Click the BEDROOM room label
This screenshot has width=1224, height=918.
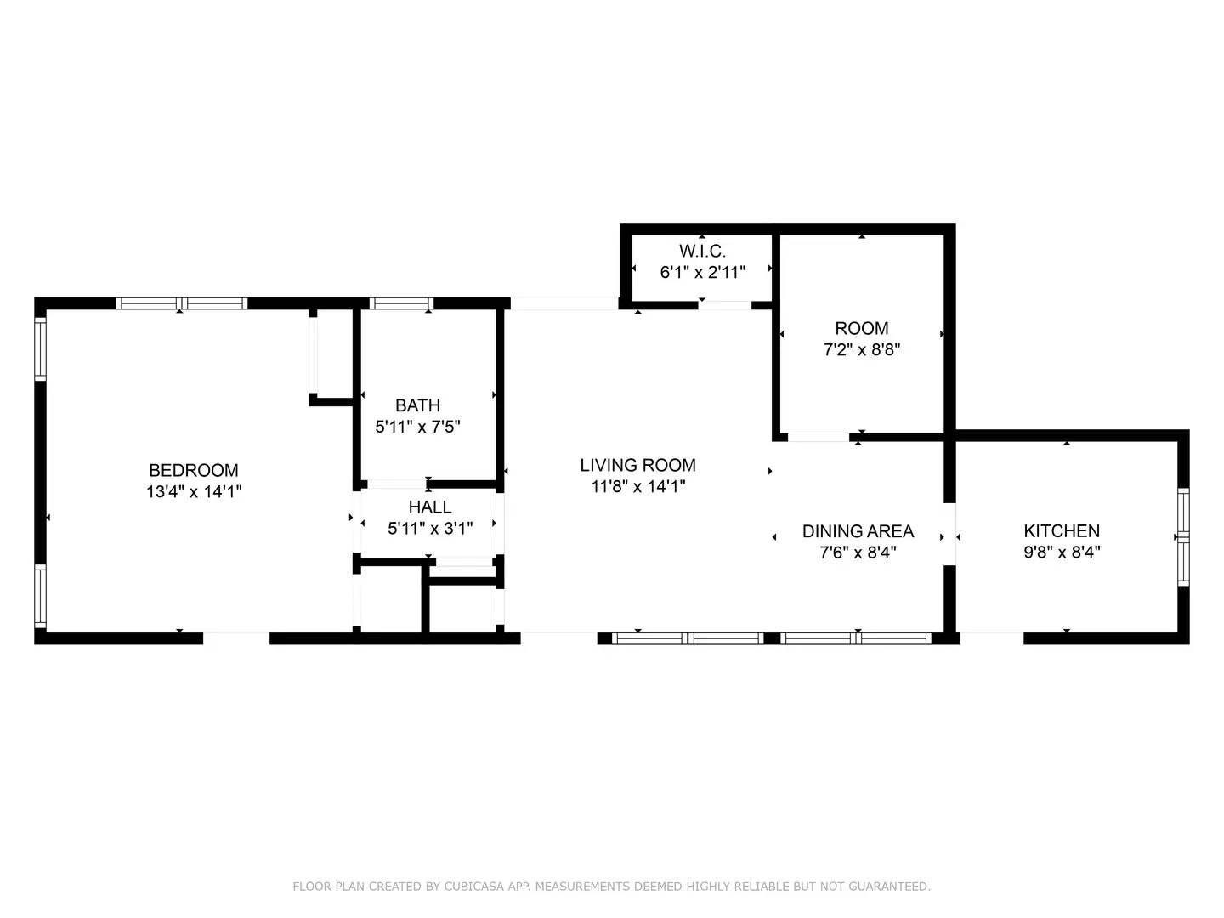pos(194,470)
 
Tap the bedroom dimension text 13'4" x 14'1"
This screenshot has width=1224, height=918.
pos(194,491)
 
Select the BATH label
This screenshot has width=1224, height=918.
pos(417,405)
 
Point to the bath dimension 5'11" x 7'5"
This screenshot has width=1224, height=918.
pos(417,427)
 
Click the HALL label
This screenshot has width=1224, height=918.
pos(430,507)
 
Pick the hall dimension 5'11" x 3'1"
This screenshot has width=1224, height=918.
pos(430,529)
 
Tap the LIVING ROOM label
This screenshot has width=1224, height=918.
pos(638,465)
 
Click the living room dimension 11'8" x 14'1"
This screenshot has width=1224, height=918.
pos(638,486)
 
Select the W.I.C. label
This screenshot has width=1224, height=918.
pos(703,252)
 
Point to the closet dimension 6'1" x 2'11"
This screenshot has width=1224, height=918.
pos(703,273)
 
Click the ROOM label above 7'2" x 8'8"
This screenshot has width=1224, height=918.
pos(862,328)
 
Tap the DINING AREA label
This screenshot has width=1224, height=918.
pos(858,531)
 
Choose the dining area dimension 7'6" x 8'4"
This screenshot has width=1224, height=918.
pos(858,552)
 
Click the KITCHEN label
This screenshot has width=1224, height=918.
pos(1062,530)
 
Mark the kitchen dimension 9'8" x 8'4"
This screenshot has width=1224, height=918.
pos(1062,552)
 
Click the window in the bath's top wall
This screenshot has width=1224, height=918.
pos(401,303)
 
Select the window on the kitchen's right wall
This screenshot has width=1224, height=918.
pos(1183,537)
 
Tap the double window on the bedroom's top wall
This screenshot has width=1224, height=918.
pos(182,303)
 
